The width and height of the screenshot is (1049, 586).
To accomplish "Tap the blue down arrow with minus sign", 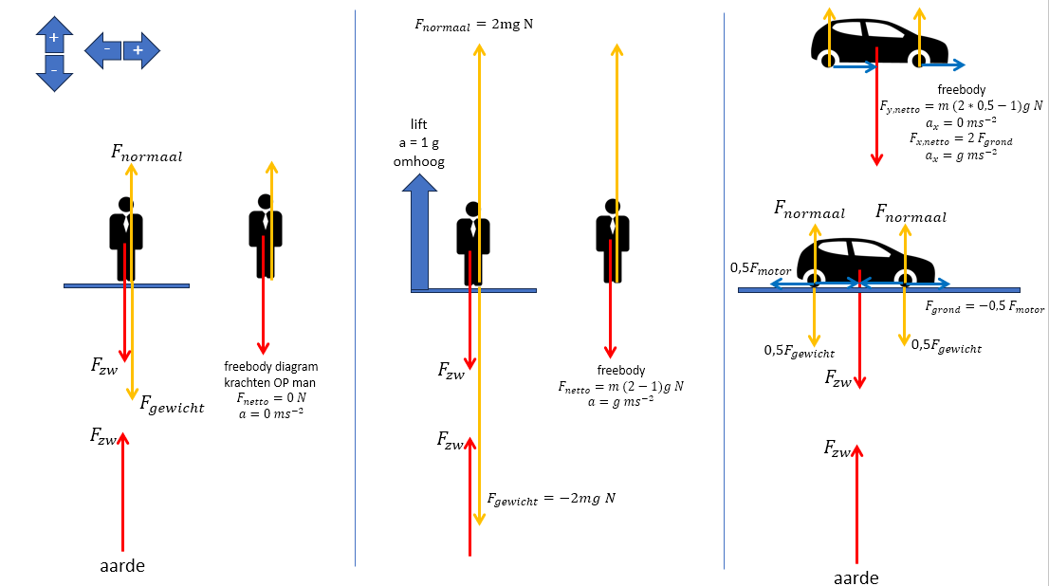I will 54,73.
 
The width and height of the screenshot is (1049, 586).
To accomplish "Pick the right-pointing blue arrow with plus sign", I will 140,49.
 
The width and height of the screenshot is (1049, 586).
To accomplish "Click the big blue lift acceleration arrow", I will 418,237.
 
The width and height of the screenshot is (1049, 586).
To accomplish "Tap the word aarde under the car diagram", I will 856,577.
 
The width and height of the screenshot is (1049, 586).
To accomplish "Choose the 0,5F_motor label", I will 761,268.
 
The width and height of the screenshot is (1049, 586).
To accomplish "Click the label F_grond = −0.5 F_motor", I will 984,308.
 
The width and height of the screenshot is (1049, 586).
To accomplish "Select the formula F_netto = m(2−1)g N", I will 621,386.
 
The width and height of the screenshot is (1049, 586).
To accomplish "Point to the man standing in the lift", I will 472,242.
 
